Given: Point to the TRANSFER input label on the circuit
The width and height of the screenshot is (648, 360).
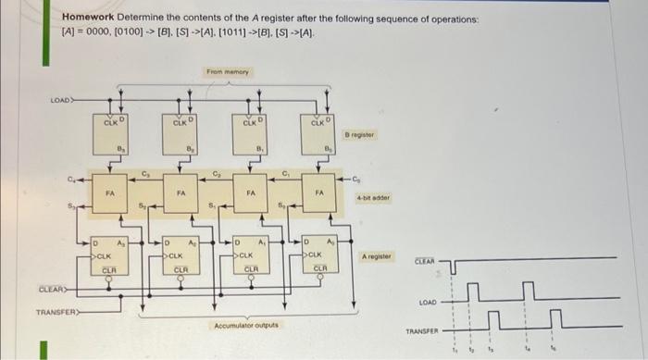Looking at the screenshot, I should [x=56, y=312].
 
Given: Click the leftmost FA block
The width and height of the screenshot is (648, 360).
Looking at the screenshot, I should [x=111, y=193].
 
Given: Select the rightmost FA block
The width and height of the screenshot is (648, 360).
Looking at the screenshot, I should [x=319, y=193].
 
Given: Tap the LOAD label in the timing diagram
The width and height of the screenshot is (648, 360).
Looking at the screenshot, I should [x=427, y=302].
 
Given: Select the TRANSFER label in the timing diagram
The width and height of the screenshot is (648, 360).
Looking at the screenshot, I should [x=421, y=330].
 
